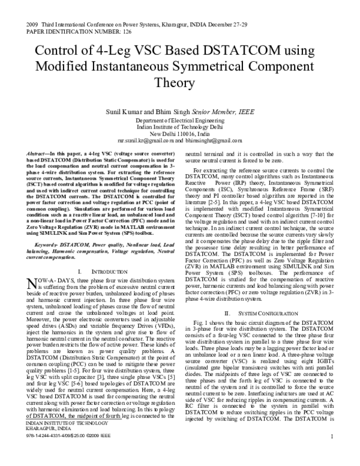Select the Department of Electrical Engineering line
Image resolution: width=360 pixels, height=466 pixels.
coord(179,120)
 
